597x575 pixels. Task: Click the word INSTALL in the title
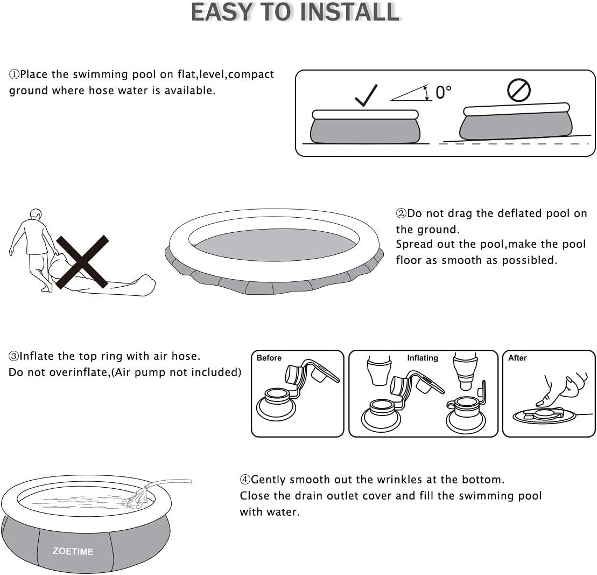pos(350,12)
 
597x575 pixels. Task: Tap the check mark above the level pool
pos(366,95)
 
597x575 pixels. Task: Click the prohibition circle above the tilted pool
pos(518,91)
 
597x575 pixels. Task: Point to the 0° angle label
pos(443,93)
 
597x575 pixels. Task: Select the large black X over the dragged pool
pos(82,261)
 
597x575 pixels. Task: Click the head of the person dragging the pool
pos(36,214)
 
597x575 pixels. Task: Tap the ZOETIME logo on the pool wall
pos(73,551)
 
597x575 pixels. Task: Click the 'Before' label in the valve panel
pos(269,358)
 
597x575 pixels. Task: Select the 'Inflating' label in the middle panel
pos(423,358)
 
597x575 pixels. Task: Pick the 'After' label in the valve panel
pos(517,358)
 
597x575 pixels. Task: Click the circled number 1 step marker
pos(14,74)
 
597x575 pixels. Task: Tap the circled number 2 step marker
pos(401,213)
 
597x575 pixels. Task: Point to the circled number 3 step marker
pos(13,356)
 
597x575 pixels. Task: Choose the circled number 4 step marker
pos(245,480)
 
